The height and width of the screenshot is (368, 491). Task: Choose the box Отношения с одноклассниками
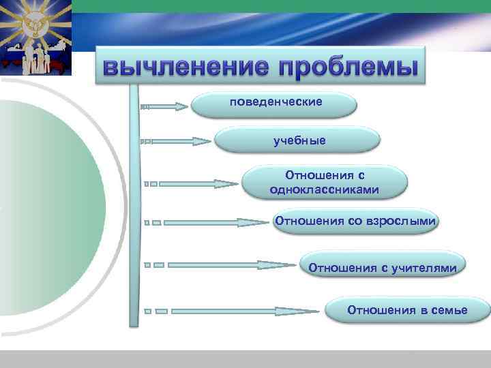pos(324,183)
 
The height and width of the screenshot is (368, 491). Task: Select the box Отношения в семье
pos(407,310)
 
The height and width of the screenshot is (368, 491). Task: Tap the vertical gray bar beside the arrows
pos(134,204)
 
